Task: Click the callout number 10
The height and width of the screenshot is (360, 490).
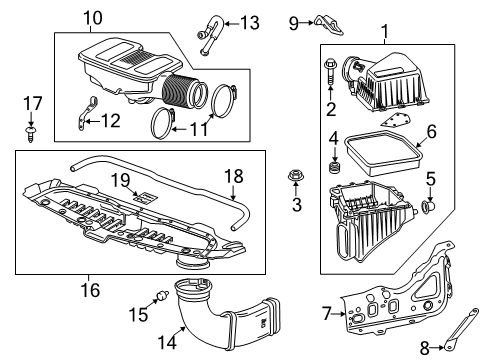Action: click(92, 18)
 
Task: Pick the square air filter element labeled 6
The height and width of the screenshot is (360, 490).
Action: click(381, 154)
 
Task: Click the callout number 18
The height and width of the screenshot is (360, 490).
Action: click(232, 176)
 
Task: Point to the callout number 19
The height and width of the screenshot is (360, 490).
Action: click(119, 179)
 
